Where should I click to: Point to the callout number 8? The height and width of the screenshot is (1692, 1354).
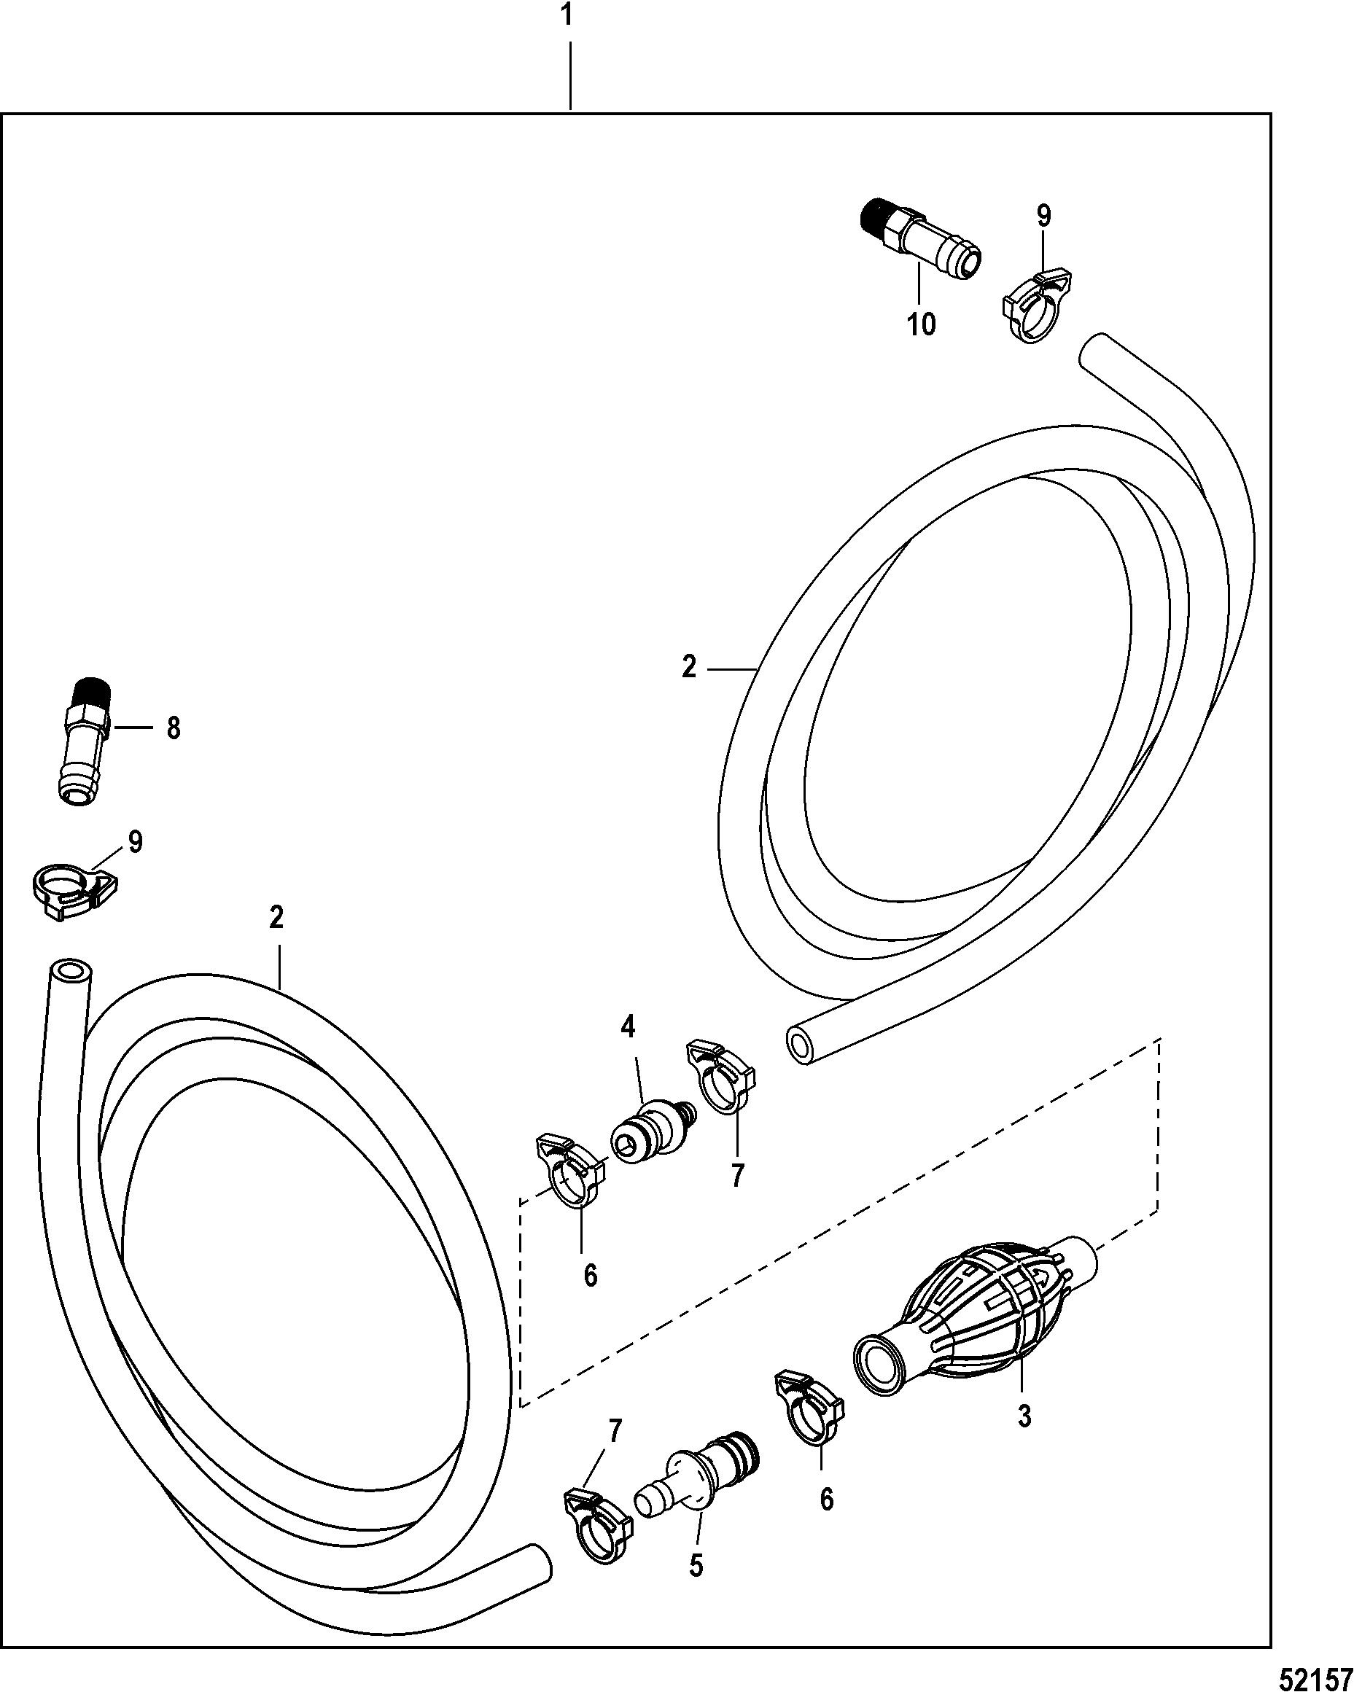tap(174, 728)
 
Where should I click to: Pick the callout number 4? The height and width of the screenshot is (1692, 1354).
tap(628, 1026)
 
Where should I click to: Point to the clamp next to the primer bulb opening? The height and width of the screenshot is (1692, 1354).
tap(809, 1408)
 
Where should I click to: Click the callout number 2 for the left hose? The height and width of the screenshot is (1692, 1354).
tap(276, 917)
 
